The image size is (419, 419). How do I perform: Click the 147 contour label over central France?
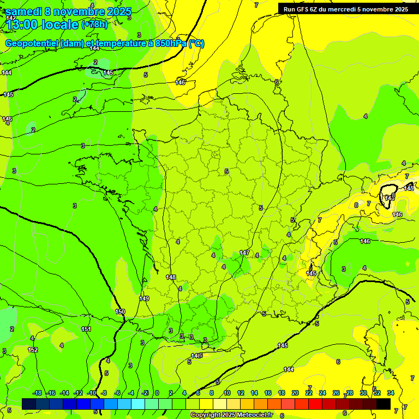[x=244, y=253]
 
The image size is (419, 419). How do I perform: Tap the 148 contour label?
[x=171, y=278]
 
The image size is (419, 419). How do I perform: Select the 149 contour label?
[x=144, y=298]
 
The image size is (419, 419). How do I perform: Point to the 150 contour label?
[x=120, y=312]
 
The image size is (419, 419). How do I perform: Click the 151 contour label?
[x=86, y=329]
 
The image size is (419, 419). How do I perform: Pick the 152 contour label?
[x=33, y=350]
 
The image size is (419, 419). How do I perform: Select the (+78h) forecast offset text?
[x=94, y=25]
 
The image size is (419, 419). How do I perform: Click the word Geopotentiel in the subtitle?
[x=32, y=44]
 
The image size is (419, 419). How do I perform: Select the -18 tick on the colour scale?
[x=37, y=393]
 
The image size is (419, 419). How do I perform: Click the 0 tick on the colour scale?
[x=157, y=393]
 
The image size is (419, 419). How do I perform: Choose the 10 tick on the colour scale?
[x=227, y=393]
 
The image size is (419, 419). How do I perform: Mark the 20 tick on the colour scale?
[x=295, y=393]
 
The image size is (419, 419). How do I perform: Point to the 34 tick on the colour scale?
[x=391, y=393]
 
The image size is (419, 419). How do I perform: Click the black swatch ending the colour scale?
[x=384, y=404]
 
